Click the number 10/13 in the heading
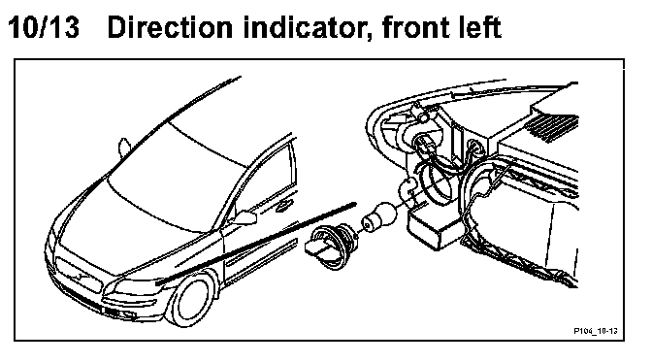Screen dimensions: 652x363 coord(44,27)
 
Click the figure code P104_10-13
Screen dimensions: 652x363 coord(595,331)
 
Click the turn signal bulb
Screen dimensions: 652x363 coord(379,215)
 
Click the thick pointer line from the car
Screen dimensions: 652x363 coord(256,244)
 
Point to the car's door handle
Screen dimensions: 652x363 coord(284,205)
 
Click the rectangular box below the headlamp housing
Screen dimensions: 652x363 coord(436,228)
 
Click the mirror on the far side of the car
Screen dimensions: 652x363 coord(124,148)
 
